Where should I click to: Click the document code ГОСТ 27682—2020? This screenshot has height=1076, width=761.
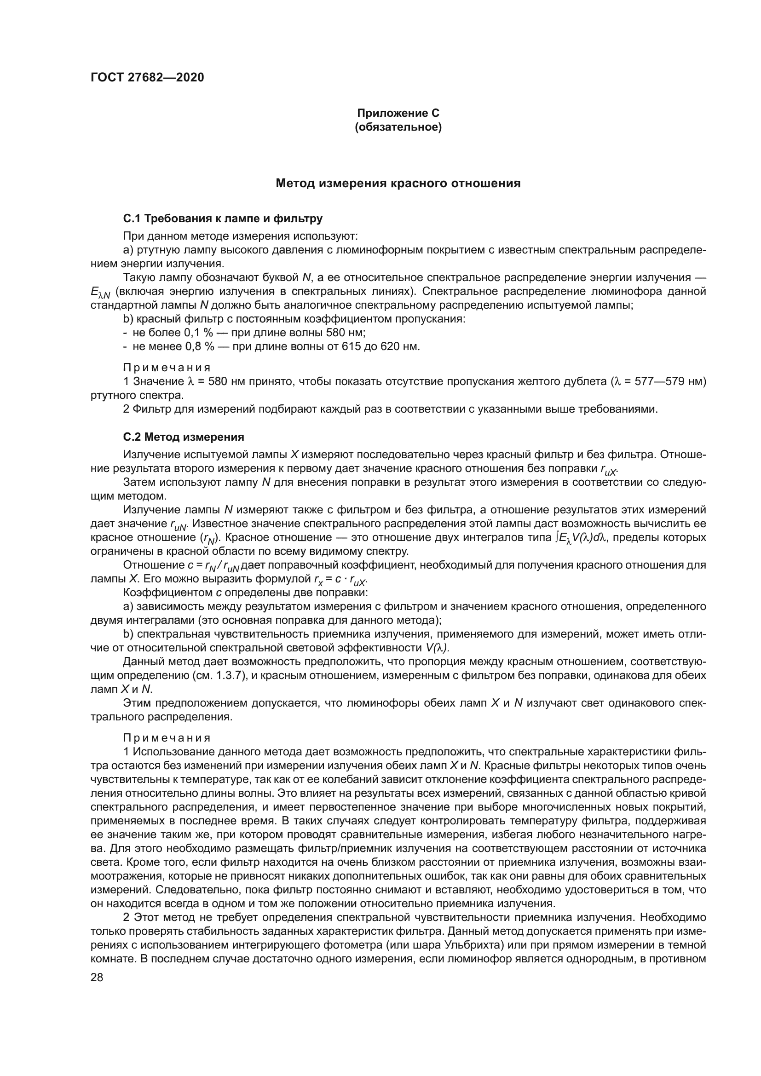147,78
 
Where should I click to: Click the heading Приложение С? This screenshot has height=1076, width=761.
398,113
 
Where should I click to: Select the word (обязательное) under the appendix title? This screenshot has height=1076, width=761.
398,127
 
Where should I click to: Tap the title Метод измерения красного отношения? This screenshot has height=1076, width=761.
398,183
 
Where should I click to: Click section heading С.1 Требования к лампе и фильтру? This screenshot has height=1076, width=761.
223,219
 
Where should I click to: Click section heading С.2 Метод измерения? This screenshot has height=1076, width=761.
183,437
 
